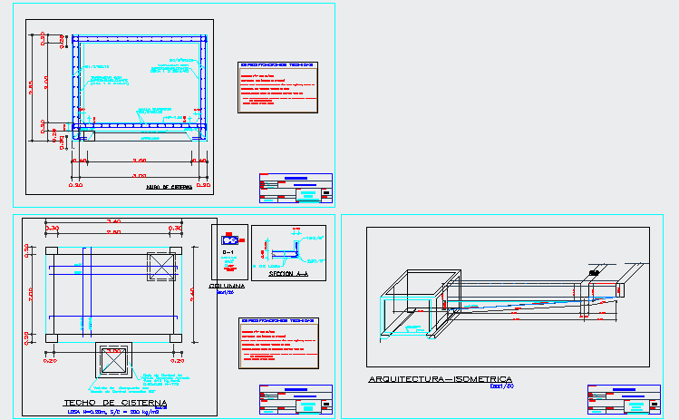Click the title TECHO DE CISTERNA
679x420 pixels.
114,403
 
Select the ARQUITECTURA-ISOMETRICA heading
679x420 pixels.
440,379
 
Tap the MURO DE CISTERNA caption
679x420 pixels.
170,188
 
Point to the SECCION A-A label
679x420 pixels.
288,272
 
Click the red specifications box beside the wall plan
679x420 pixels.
276,87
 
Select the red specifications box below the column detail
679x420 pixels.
276,343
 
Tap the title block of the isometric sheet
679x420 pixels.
624,398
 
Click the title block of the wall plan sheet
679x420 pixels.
296,189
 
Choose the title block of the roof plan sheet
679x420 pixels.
296,400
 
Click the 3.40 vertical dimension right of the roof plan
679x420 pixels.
193,292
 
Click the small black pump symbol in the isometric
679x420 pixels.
595,271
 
